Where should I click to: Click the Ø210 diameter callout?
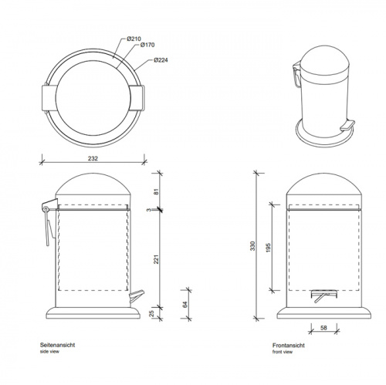(x=134, y=39)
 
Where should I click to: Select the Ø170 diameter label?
(x=147, y=45)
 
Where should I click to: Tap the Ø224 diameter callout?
(x=161, y=60)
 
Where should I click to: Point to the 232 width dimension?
(x=93, y=158)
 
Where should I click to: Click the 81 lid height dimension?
(x=157, y=191)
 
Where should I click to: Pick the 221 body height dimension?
(x=157, y=259)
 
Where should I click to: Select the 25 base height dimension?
(x=151, y=313)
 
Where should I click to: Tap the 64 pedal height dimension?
(x=185, y=305)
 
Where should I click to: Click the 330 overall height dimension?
(x=252, y=246)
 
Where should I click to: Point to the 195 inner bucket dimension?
(x=268, y=248)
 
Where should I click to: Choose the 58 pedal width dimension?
(x=323, y=328)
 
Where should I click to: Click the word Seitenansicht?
(x=57, y=345)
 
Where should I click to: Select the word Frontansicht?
(x=289, y=346)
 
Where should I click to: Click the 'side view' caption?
(x=49, y=352)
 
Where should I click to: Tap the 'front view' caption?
(x=283, y=352)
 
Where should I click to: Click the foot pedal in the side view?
(x=137, y=296)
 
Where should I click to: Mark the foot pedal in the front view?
(x=323, y=296)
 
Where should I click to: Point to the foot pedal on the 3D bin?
(x=347, y=125)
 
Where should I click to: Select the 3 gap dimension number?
(x=149, y=210)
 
